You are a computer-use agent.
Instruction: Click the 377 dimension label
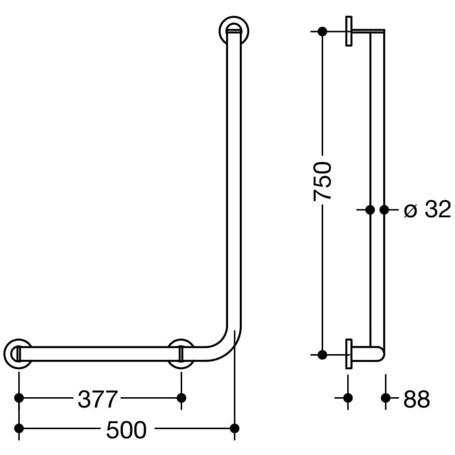99,398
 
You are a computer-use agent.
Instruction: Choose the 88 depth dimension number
416,399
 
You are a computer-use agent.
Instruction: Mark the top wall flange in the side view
350,31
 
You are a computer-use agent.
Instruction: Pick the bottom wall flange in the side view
350,354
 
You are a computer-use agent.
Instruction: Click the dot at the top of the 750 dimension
322,31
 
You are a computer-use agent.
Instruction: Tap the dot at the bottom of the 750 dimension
322,354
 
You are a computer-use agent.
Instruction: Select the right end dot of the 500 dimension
235,428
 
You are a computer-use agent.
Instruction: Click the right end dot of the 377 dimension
181,397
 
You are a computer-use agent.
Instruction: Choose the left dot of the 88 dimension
348,397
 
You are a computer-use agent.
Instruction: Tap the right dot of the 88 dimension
386,397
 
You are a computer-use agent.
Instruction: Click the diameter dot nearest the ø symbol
384,210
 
